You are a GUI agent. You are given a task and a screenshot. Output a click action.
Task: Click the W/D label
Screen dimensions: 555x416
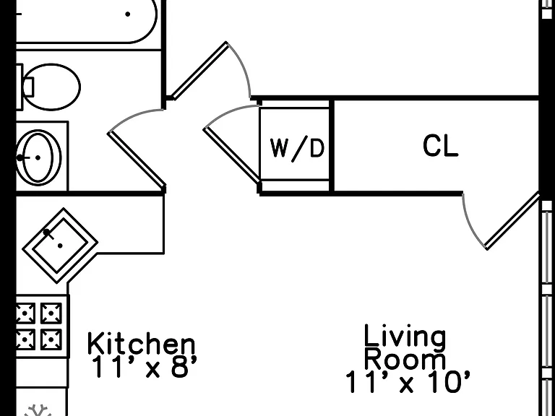[x=297, y=149]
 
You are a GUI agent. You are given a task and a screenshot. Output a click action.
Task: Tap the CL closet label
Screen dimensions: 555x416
[x=440, y=146]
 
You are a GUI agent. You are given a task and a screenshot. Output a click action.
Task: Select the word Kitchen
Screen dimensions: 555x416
[x=141, y=343]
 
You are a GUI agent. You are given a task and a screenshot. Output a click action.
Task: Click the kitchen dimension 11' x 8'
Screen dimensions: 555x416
[x=144, y=366]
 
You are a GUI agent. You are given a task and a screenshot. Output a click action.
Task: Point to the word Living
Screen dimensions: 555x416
[x=405, y=337]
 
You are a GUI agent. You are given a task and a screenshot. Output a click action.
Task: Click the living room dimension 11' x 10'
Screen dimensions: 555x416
[x=408, y=381]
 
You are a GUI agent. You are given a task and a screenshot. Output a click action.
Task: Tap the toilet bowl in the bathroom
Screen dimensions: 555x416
[x=52, y=87]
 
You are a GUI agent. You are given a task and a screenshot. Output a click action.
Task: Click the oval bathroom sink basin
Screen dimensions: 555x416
[x=39, y=157]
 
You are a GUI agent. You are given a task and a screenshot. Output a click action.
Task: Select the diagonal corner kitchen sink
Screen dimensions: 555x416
[x=60, y=246]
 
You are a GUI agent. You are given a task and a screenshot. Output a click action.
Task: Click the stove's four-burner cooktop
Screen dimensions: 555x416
[x=39, y=326]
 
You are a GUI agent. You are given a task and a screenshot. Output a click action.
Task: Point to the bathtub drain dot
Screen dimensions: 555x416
[x=128, y=14]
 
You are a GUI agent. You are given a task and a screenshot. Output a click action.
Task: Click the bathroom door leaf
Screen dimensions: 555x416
[x=137, y=160]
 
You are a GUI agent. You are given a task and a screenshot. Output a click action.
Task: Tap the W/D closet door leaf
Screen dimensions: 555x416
[x=231, y=155]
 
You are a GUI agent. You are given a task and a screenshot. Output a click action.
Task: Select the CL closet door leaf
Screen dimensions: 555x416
[x=512, y=220]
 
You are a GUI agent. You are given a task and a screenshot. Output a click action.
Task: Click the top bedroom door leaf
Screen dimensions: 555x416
[x=199, y=70]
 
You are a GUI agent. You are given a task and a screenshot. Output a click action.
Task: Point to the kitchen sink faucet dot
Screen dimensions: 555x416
[x=47, y=233]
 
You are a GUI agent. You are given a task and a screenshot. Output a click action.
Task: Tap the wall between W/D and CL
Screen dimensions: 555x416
[x=332, y=145]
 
